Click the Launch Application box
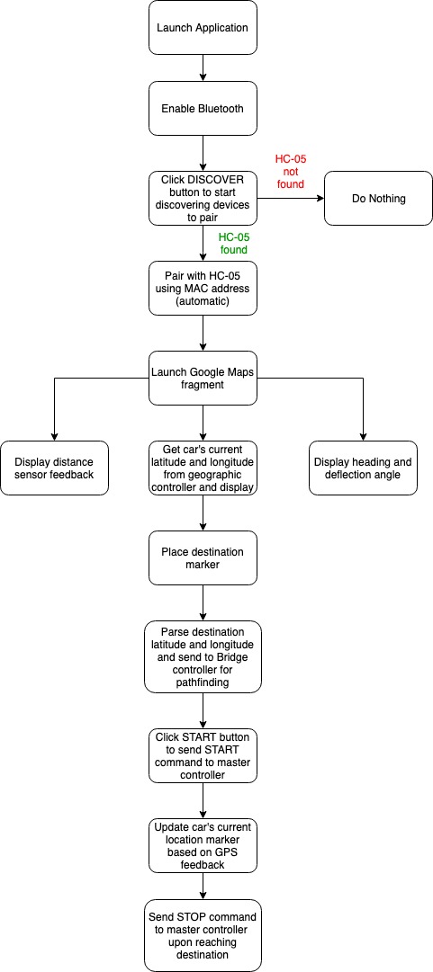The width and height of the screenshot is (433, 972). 203,27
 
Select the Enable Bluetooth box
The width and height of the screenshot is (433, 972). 203,109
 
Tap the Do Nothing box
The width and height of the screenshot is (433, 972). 378,199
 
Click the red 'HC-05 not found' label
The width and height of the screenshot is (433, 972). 291,172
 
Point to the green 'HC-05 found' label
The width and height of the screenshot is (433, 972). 233,243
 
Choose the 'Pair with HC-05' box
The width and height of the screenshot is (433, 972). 203,289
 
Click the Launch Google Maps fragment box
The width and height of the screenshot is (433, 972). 203,379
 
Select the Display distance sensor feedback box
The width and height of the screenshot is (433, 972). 54,468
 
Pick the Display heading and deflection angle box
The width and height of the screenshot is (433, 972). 363,468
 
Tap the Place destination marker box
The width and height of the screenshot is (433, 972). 203,557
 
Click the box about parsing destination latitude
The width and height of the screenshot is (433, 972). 203,657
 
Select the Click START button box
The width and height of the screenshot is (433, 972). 203,755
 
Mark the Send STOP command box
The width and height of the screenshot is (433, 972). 203,935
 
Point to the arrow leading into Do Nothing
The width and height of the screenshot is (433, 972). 291,199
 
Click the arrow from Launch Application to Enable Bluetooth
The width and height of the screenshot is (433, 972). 203,67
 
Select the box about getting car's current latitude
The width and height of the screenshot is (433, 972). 203,468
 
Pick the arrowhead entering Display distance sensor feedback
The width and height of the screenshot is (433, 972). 54,436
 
